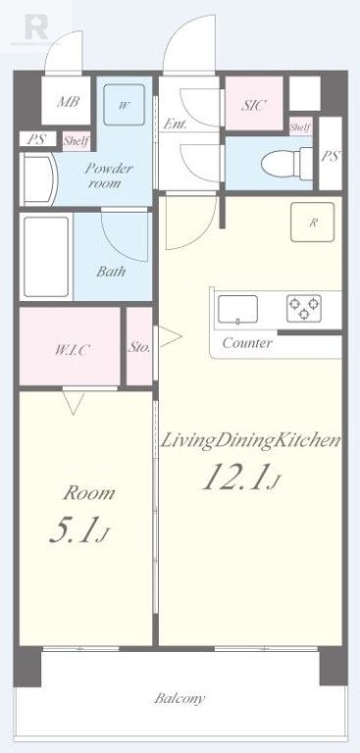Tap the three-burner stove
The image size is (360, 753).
304,308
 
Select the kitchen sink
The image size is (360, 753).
238,309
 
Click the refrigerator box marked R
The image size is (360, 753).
312,222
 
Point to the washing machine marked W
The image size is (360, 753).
125,105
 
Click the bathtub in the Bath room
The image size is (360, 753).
46,257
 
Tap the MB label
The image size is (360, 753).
68,102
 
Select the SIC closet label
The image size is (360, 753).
253,106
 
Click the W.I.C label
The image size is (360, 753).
72,350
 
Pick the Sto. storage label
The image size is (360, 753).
139,347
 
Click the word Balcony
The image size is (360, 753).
180,698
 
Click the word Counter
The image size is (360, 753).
247,343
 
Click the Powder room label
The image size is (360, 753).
109,176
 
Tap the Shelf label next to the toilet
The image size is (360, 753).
301,127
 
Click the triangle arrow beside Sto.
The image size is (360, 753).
170,337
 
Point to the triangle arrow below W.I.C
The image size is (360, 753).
74,402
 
